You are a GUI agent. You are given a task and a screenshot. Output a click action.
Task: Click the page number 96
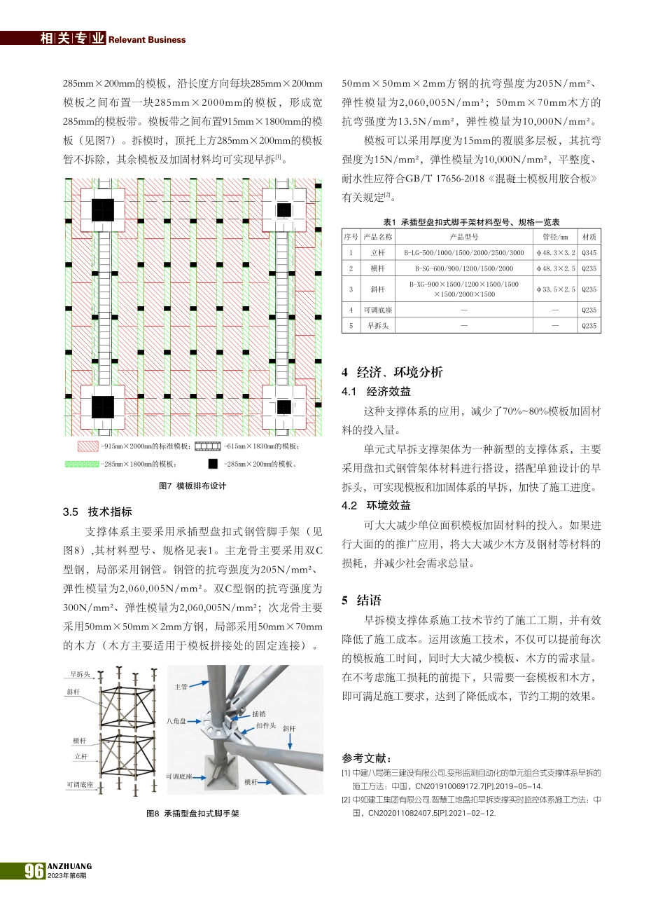(x=34, y=870)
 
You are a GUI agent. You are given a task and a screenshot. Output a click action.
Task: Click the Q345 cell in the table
(x=589, y=253)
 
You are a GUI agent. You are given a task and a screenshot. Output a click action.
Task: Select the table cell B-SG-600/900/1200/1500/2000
(x=463, y=268)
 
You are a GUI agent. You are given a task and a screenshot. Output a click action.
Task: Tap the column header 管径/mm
(x=555, y=238)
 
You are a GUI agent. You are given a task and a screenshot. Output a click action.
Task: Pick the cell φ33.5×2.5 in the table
(x=555, y=289)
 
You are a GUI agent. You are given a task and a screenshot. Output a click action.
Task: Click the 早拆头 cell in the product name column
(x=378, y=326)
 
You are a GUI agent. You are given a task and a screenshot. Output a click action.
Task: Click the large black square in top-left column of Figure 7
(x=102, y=208)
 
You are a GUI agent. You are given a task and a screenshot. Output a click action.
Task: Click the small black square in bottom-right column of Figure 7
(x=283, y=407)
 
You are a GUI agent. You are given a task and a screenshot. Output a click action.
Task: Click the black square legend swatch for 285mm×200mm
(x=213, y=464)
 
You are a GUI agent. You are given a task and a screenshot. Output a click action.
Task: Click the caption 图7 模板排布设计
(x=192, y=486)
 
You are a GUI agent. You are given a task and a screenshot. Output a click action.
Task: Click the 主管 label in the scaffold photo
(x=181, y=687)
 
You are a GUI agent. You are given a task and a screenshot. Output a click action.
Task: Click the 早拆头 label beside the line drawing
(x=80, y=674)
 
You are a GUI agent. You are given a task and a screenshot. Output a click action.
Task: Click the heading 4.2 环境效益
(x=376, y=505)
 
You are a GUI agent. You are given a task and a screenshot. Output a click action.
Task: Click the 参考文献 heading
(x=367, y=758)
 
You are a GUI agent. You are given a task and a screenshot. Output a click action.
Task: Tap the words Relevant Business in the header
(x=147, y=40)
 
